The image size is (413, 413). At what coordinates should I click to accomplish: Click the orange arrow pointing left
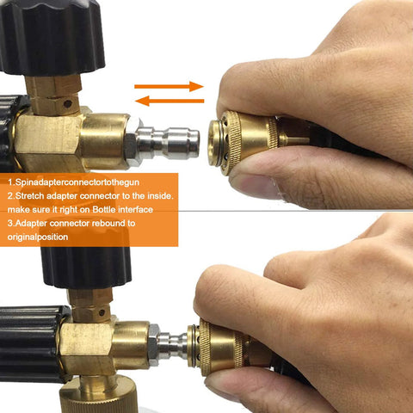170,101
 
